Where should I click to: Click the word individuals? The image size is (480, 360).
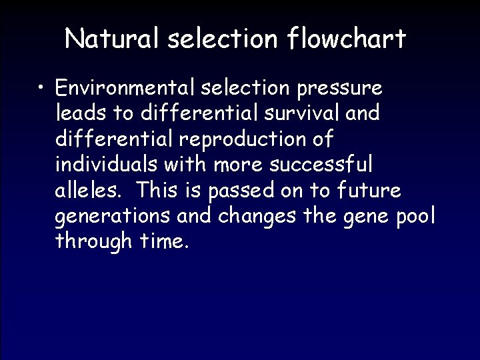pyautogui.click(x=105, y=165)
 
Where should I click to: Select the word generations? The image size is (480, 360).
pyautogui.click(x=113, y=217)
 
